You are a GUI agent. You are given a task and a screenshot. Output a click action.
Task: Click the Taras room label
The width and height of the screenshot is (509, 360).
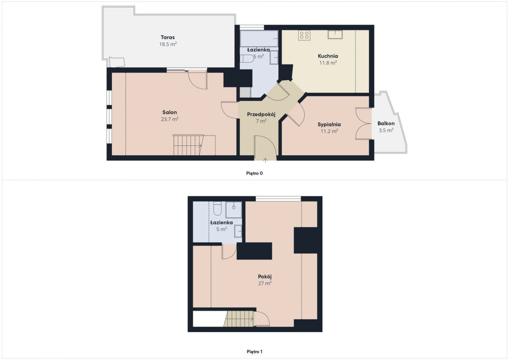tap(168, 37)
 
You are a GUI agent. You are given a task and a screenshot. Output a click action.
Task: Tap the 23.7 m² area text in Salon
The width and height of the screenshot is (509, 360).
tap(170, 119)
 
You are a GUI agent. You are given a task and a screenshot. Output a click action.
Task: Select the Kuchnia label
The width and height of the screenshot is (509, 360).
tap(328, 56)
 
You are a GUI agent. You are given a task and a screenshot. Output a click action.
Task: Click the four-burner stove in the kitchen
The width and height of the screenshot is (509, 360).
tap(304, 36)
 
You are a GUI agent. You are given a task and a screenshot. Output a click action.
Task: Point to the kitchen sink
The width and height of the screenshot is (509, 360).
tap(335, 35)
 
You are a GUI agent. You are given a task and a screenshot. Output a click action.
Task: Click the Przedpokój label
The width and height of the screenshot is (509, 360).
tap(261, 114)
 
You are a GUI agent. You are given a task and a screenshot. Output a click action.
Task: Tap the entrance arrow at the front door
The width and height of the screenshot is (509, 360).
tap(265, 160)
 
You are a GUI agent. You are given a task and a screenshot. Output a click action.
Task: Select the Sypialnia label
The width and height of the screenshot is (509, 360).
tap(329, 125)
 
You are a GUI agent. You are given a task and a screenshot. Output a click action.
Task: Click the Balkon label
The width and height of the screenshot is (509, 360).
tap(386, 123)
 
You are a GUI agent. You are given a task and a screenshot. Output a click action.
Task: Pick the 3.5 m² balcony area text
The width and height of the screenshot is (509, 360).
tap(386, 130)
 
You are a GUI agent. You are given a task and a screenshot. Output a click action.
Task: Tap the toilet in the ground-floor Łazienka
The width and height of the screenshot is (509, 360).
tap(247, 59)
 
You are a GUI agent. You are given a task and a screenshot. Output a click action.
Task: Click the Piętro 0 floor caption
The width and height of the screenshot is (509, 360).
tap(254, 173)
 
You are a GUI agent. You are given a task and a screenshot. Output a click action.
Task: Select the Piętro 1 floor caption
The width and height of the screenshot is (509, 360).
tap(254, 352)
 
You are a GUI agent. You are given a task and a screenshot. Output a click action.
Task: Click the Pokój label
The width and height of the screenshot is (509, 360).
tap(265, 276)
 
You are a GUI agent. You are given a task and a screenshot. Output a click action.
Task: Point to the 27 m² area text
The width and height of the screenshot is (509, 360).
tap(265, 283)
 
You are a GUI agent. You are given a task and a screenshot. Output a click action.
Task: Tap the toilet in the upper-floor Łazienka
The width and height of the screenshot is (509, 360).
tap(218, 209)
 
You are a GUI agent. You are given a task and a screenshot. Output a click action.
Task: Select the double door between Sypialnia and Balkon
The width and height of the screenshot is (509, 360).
tap(364, 124)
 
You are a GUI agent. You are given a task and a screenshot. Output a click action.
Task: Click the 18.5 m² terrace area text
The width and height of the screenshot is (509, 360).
tap(168, 44)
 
